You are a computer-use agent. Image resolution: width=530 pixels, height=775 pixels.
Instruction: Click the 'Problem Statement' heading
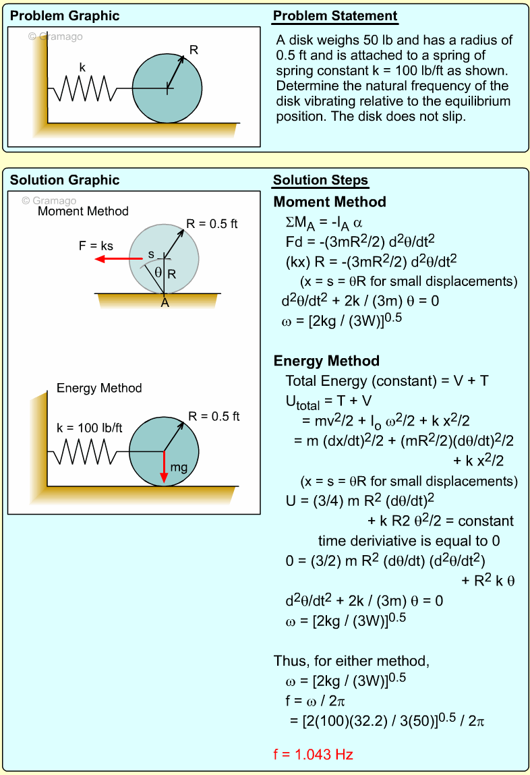click(x=335, y=16)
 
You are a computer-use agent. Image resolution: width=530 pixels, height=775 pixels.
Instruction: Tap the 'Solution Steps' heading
click(x=320, y=180)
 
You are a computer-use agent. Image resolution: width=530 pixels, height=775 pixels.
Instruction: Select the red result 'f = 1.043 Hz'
click(x=314, y=755)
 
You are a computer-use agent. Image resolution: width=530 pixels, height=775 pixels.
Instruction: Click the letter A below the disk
click(x=164, y=304)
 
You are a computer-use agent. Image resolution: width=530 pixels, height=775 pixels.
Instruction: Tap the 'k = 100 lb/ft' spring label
click(x=89, y=428)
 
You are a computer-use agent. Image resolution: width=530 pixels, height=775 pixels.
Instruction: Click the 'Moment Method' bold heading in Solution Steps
click(x=330, y=202)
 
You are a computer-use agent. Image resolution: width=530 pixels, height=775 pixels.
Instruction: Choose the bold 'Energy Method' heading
click(x=326, y=361)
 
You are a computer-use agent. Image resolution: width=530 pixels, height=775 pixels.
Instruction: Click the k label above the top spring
click(x=82, y=67)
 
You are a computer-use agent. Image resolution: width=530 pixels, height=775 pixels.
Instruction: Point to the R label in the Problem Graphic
click(x=194, y=49)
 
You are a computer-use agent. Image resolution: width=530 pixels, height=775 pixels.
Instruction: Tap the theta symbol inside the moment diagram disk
click(x=158, y=272)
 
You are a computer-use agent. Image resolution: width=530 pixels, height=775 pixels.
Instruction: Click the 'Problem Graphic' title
click(x=65, y=16)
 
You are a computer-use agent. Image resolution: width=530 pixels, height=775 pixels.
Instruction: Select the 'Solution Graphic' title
click(x=65, y=180)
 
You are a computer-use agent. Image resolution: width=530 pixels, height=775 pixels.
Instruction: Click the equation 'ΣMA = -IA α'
click(x=324, y=222)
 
